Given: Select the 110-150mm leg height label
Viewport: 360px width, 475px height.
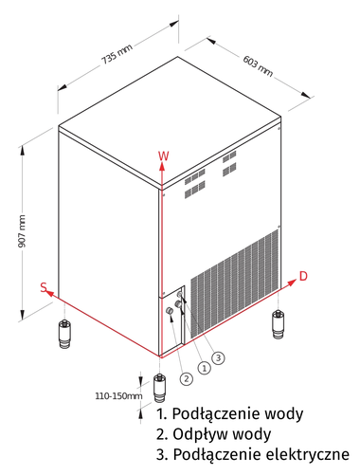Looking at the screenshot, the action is pos(117,395).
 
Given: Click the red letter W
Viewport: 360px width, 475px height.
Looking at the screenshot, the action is pos(163,154).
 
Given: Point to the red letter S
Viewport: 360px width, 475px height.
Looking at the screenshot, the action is pos(44,285).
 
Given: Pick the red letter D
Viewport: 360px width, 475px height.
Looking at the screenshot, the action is pos(303,276).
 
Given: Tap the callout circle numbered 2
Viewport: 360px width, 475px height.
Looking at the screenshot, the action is pos(186,378).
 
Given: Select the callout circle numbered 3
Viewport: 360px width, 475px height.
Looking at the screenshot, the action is pos(218,357).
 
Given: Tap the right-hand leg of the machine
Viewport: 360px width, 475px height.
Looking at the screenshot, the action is pos(279,323).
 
